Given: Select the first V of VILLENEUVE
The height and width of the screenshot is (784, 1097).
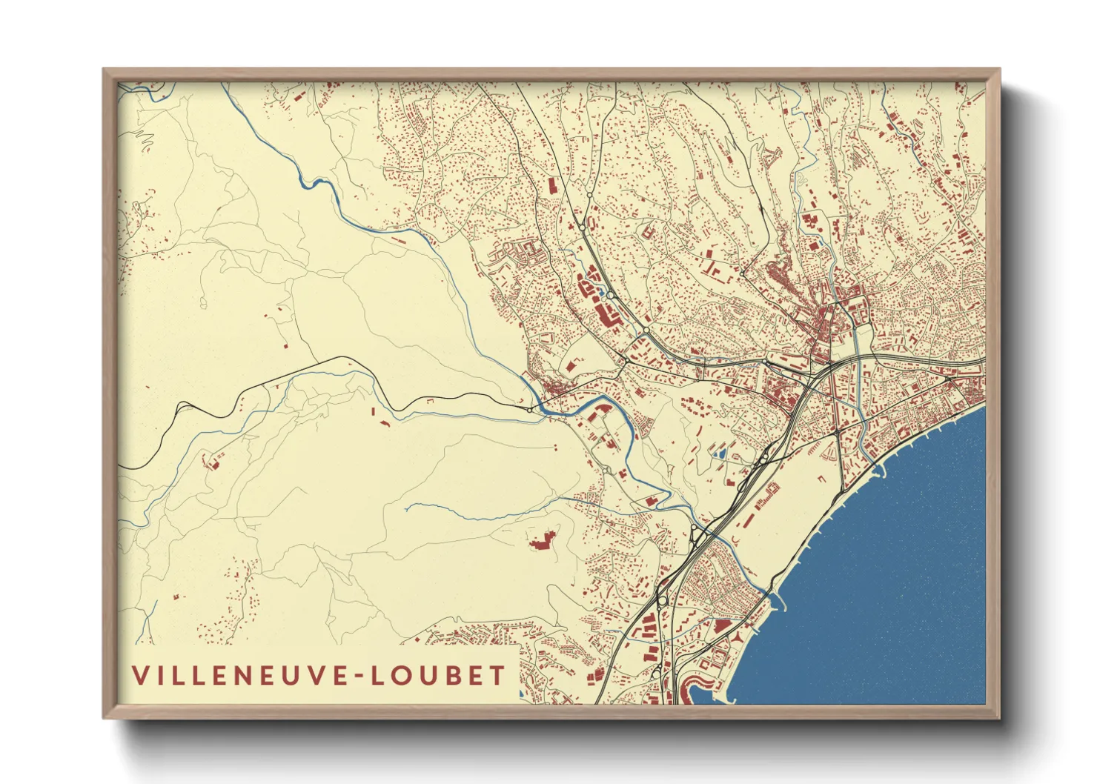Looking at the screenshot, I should pyautogui.click(x=140, y=676).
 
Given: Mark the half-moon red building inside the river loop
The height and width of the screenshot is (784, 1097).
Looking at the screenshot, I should pyautogui.click(x=602, y=406).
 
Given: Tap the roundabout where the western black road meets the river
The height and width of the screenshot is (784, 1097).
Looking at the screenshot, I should pyautogui.click(x=530, y=408).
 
